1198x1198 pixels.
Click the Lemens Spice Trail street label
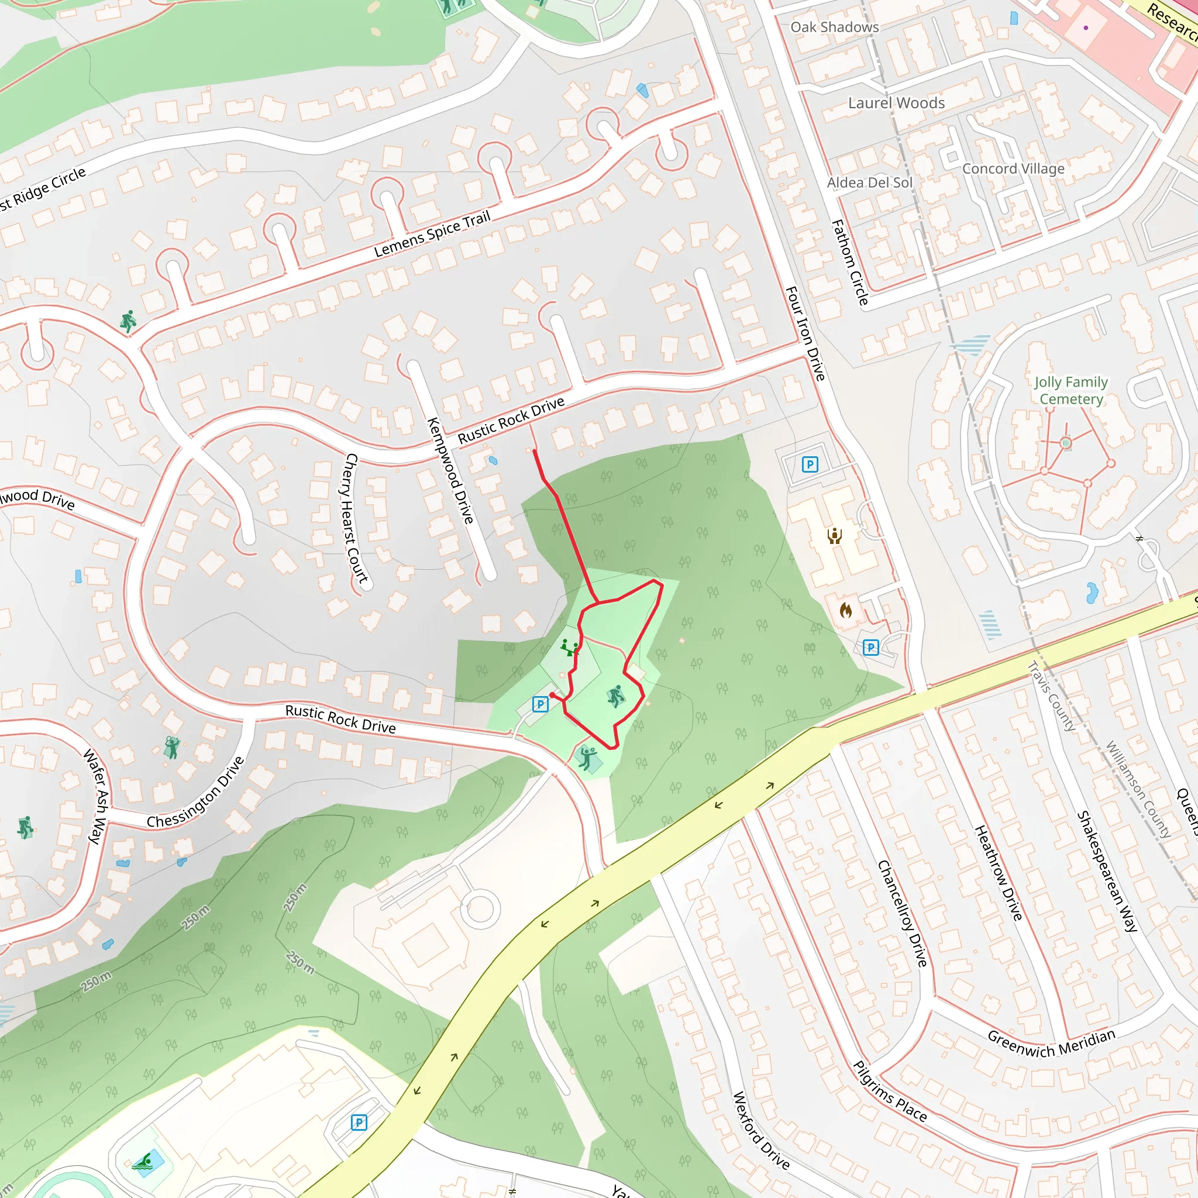tap(432, 234)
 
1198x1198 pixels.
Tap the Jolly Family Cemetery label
tap(1071, 391)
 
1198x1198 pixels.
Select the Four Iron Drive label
tap(805, 333)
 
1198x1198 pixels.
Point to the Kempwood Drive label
tap(451, 471)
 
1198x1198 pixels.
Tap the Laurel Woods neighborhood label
tap(896, 103)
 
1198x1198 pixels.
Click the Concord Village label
tap(1013, 168)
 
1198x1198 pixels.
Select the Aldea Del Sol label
tap(869, 183)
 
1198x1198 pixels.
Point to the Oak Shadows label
tap(834, 27)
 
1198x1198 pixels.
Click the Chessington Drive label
tap(195, 793)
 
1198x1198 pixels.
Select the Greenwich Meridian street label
tap(1051, 1044)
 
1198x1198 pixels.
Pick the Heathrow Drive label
tap(999, 872)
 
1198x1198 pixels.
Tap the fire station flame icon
tap(845, 610)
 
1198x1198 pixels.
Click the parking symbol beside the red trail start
tap(540, 704)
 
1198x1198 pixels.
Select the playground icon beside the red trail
tap(569, 648)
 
